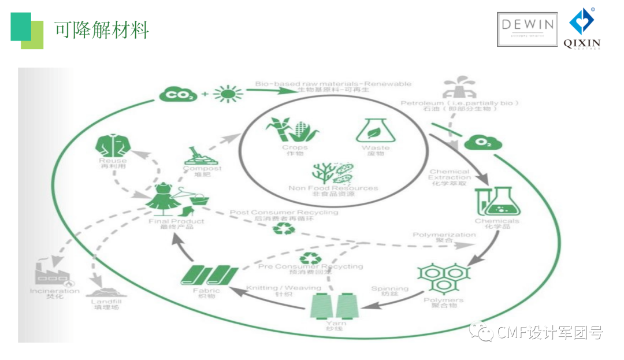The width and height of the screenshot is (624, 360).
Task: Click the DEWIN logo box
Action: point(527,29)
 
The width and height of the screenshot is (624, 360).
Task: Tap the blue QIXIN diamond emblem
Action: point(581,22)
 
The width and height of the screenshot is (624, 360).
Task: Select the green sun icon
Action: point(227,94)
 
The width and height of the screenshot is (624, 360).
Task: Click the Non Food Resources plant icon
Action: point(333,173)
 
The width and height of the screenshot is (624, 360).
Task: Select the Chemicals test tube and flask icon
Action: point(496,201)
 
